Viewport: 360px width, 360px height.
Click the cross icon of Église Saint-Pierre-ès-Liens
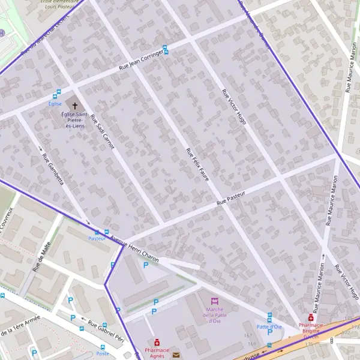pos(75,105)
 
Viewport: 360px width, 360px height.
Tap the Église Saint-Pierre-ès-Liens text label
pos(75,119)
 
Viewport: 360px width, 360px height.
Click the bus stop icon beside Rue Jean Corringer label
pos(166,49)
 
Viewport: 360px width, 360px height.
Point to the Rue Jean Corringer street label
pos(137,58)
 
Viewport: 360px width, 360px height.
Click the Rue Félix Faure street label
pos(197,163)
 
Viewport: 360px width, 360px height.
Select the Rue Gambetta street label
pos(53,169)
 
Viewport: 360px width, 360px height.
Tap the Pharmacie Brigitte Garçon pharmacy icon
pos(311,317)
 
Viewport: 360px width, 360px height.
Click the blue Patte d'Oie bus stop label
pos(269,326)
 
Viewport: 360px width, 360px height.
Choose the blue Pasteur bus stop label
pos(97,239)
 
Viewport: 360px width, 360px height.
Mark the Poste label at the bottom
pos(103,353)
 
